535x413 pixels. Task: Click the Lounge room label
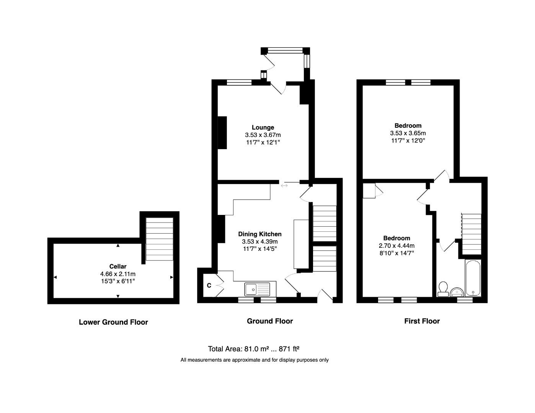tap(263, 127)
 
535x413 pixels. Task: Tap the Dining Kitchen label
tap(259, 234)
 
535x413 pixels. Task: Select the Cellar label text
tap(117, 267)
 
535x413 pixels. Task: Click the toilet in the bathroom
tap(443, 289)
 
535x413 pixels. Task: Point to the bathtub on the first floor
tap(473, 278)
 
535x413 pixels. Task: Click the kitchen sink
tap(251, 289)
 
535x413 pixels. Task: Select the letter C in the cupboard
tap(209, 285)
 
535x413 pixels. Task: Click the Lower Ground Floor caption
tap(113, 322)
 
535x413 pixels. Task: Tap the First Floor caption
tap(422, 321)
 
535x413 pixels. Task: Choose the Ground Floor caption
tap(270, 321)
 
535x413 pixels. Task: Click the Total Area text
tap(253, 349)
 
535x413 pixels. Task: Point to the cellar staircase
tap(160, 239)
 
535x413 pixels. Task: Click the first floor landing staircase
tap(471, 233)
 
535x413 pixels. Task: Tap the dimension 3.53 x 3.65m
tap(408, 133)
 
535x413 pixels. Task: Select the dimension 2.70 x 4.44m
tap(396, 246)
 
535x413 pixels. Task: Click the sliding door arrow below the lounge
tap(284, 186)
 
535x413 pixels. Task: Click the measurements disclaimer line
tap(254, 360)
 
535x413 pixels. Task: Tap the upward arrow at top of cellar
tap(118, 246)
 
